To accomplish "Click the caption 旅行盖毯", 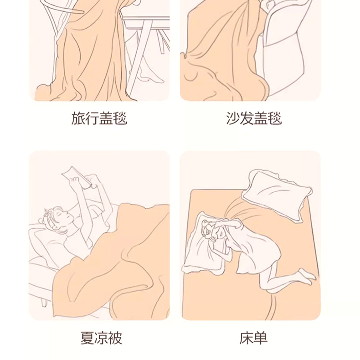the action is [x=99, y=118].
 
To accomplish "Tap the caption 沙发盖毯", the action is [x=254, y=118].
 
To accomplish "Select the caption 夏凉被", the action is [x=101, y=338].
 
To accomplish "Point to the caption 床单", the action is [x=253, y=338].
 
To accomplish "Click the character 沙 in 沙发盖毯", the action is [x=233, y=118].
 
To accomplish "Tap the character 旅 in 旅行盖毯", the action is [x=78, y=118].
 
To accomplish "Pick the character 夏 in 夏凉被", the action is [x=87, y=338].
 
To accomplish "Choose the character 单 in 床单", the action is [x=261, y=338].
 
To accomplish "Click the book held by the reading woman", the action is [x=77, y=176].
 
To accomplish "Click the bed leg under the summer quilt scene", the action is [x=45, y=301].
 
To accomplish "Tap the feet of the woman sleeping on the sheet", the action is [x=307, y=277].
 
